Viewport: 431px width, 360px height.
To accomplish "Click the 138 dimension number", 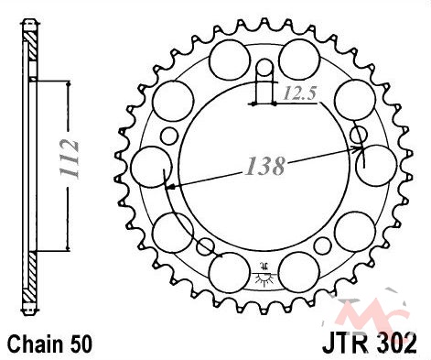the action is (x=264, y=167).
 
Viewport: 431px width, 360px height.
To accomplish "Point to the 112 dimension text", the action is (x=70, y=159).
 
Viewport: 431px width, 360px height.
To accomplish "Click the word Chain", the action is (x=32, y=344).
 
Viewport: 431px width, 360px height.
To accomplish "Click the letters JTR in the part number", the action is (x=344, y=344).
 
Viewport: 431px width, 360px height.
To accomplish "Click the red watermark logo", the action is (x=372, y=309).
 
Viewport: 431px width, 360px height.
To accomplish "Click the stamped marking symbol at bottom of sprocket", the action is (x=264, y=274).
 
